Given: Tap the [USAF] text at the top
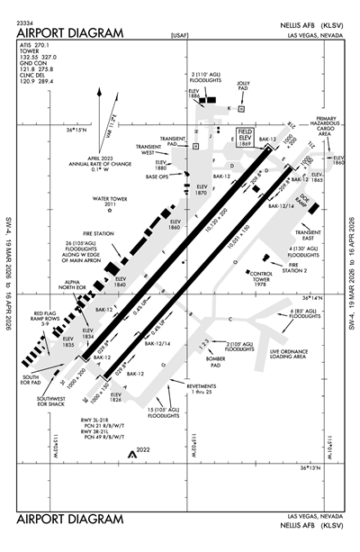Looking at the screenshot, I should (179, 35).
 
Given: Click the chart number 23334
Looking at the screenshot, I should (25, 21).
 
